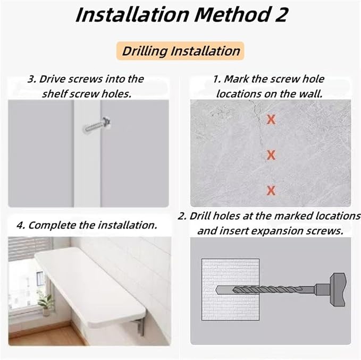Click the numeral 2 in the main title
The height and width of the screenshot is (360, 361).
click(281, 14)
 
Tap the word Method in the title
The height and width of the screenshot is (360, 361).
click(232, 14)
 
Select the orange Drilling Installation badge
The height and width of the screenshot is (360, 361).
click(180, 51)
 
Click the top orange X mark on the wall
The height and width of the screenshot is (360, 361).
click(271, 119)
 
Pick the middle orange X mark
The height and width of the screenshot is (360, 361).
click(271, 155)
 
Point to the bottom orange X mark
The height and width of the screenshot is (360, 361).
click(271, 191)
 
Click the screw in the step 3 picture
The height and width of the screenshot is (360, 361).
click(97, 125)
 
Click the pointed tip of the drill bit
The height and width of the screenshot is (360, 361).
click(216, 290)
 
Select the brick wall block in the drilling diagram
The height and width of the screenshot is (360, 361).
click(230, 290)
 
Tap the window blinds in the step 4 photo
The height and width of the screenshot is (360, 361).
click(29, 248)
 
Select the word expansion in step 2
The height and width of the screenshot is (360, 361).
click(276, 231)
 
